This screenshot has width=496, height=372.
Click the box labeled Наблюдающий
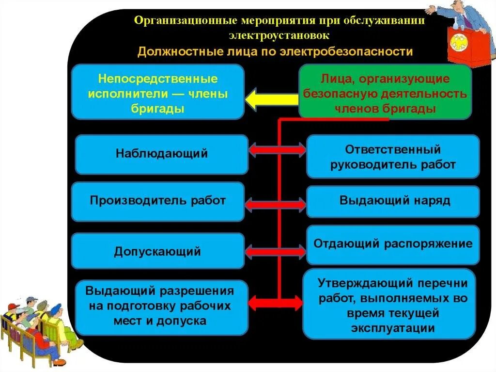[162, 154]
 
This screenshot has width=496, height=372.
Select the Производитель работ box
[158, 201]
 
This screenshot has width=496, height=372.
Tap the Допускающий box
[158, 251]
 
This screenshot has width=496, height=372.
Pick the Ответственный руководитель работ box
[393, 157]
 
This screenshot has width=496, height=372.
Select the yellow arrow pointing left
[271, 100]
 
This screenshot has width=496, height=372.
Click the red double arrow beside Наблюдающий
[278, 150]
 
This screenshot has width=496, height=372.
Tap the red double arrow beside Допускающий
[278, 252]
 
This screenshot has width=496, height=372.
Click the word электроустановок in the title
[279, 35]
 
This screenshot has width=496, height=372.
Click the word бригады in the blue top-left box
[157, 109]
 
